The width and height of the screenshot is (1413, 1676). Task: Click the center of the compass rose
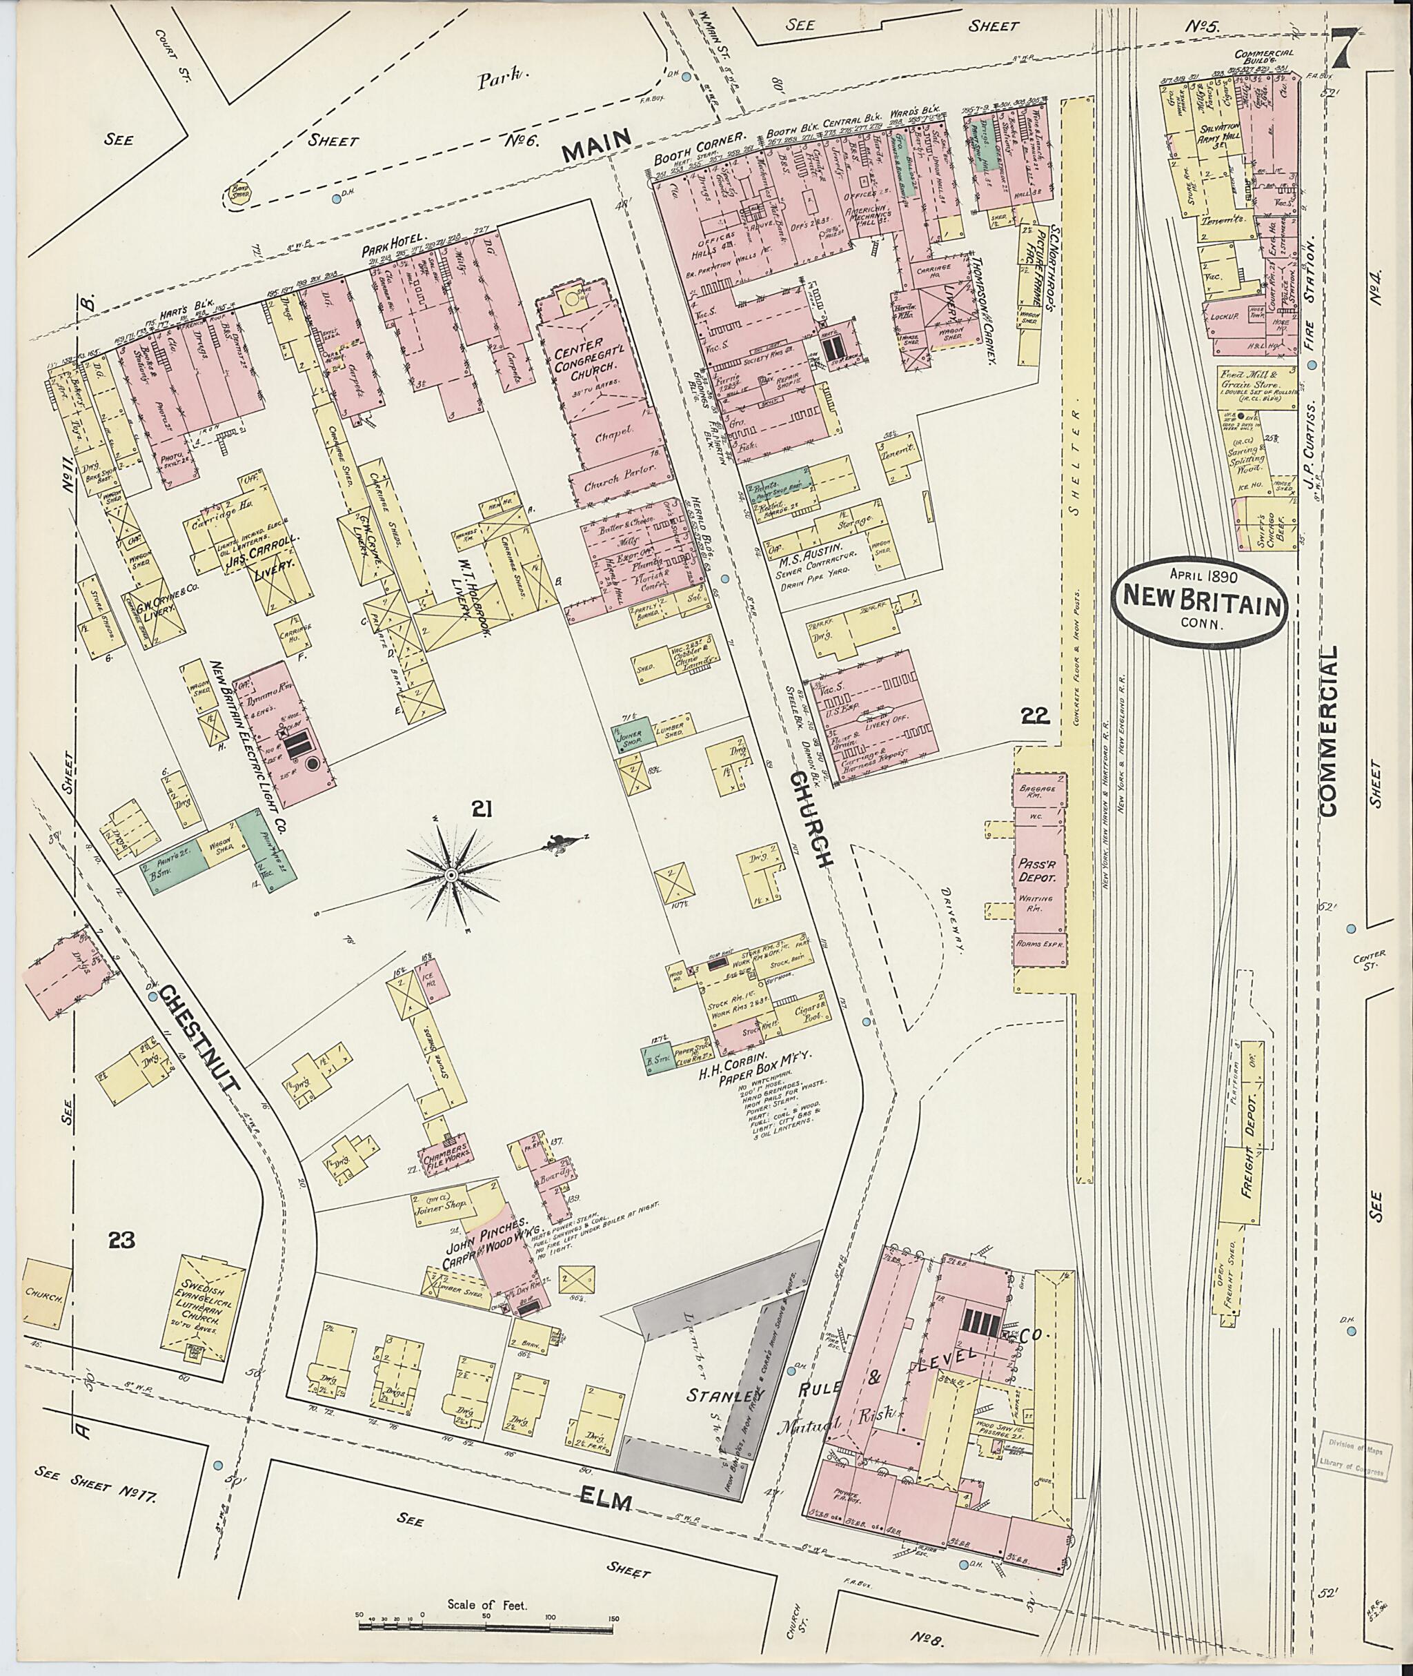(451, 876)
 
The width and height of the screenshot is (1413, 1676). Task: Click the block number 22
(1035, 716)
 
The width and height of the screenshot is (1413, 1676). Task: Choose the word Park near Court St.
(516, 79)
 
